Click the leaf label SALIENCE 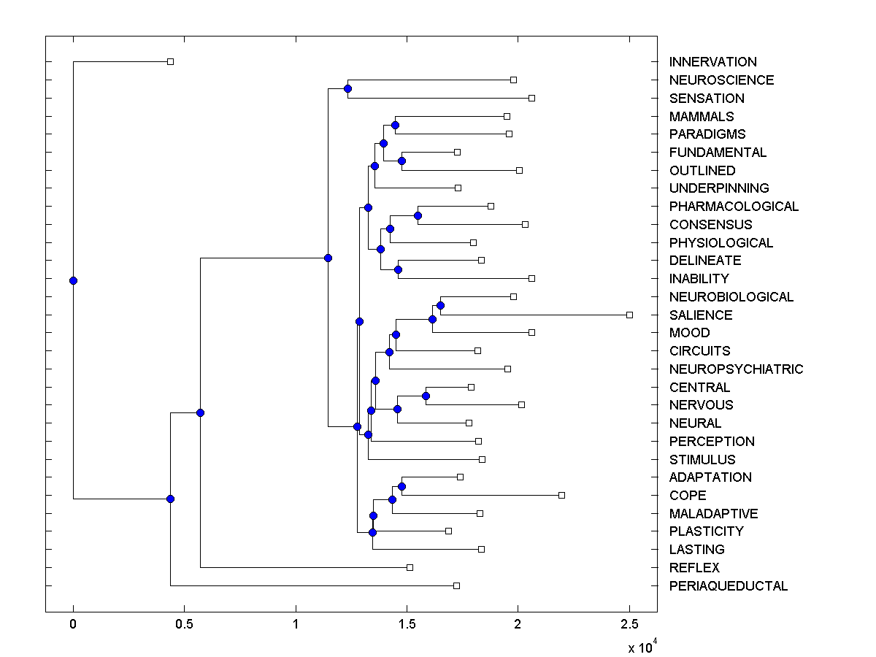coord(700,315)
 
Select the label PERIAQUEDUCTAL coord(728,585)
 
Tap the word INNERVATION coord(712,62)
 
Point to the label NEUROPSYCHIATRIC coord(736,369)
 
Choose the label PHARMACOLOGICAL coord(734,206)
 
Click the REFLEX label coord(693,567)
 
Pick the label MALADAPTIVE coord(713,513)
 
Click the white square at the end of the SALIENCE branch coord(629,315)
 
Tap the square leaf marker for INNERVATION coord(170,62)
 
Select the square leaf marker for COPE coord(561,495)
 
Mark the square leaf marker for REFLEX coord(410,567)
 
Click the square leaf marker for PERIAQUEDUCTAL coord(456,585)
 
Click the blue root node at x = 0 coord(73,280)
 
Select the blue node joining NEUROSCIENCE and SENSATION coord(347,88)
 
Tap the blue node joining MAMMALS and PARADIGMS coord(395,125)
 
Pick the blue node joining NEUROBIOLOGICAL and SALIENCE coord(440,305)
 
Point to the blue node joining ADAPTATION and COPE coord(401,486)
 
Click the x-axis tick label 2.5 coord(629,624)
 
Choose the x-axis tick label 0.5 coord(184,624)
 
